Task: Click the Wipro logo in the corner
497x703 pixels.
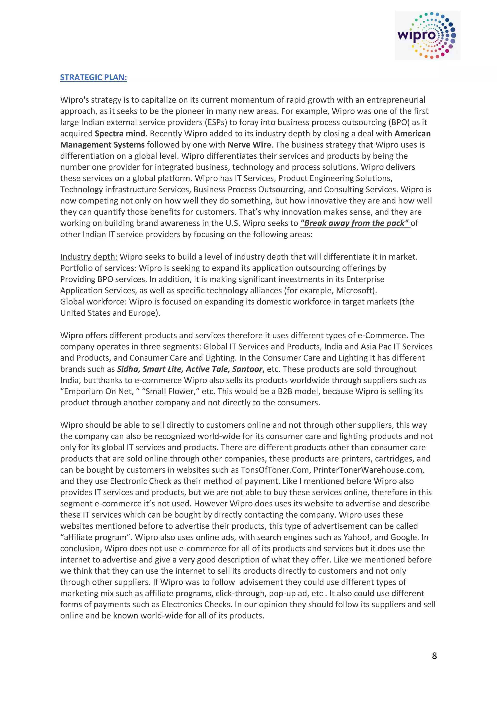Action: [x=427, y=35]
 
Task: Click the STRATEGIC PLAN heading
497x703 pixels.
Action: [x=93, y=77]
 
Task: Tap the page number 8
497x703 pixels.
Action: [x=434, y=655]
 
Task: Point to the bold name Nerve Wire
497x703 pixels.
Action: [x=249, y=145]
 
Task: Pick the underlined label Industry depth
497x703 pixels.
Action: [x=89, y=257]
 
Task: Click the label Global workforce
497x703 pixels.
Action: [x=93, y=302]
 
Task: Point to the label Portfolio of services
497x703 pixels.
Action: [x=98, y=268]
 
